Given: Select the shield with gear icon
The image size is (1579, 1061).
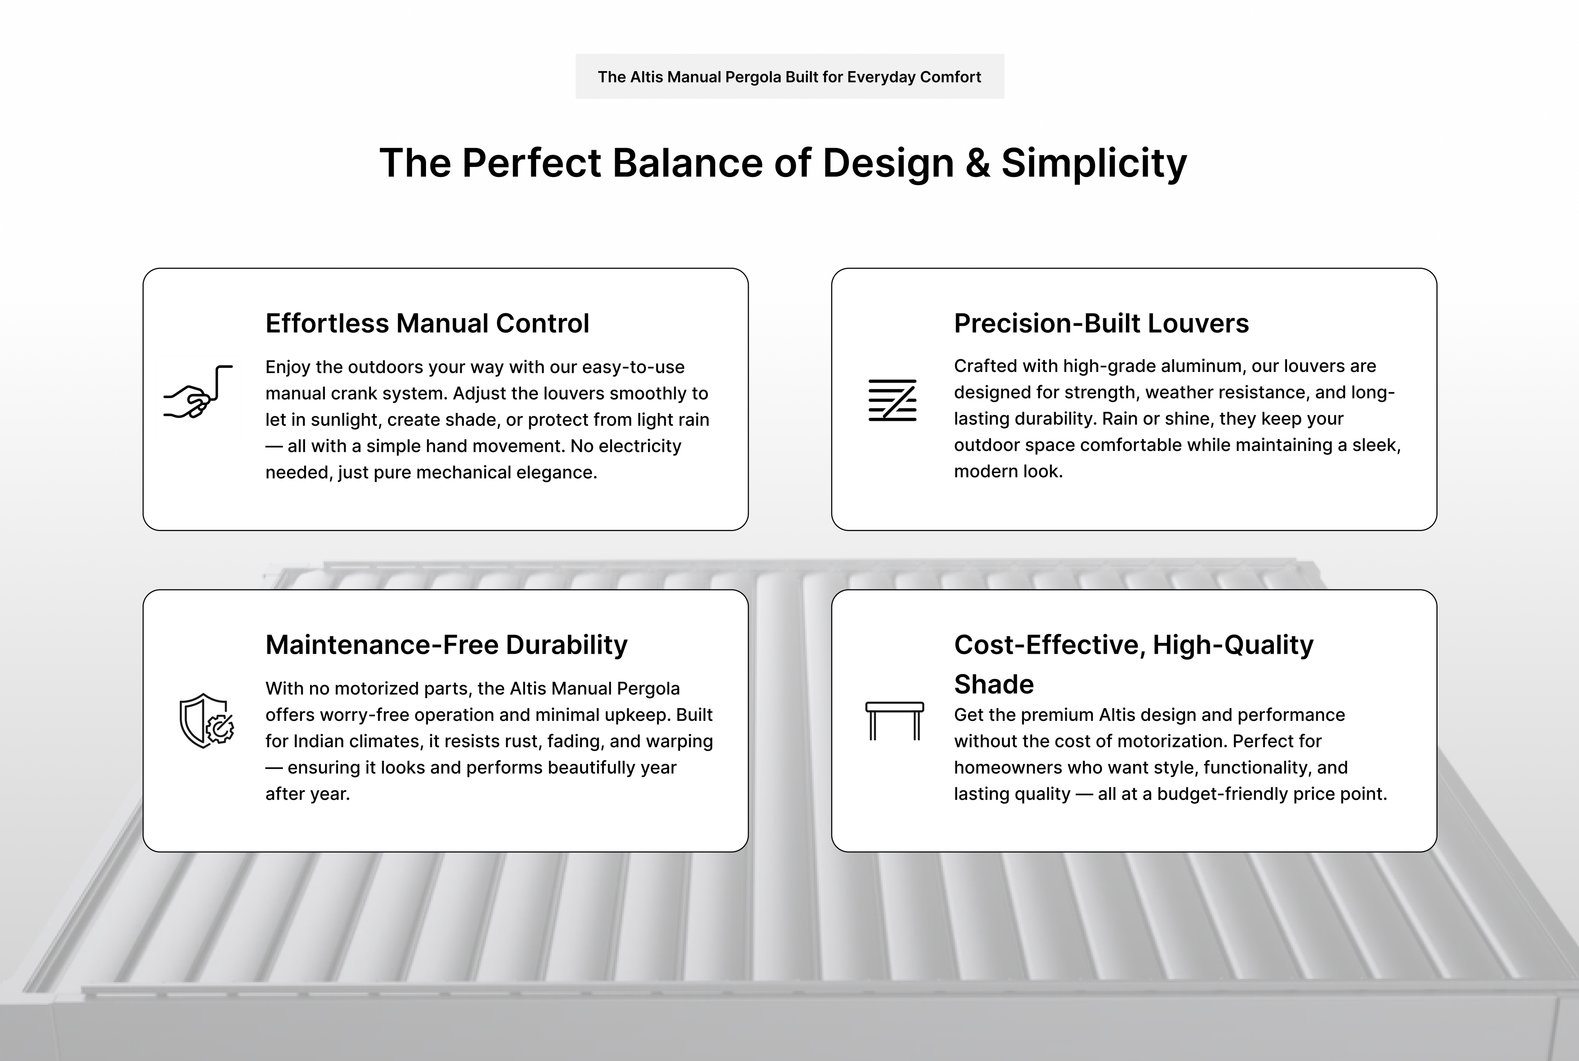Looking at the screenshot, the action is (x=206, y=721).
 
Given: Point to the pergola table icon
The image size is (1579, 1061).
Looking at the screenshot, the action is (x=894, y=721).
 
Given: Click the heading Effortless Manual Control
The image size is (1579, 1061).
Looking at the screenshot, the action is (x=427, y=323).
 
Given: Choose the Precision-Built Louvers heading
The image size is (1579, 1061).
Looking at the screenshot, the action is (x=1101, y=323).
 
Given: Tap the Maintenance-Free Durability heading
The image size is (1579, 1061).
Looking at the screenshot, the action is (x=446, y=645).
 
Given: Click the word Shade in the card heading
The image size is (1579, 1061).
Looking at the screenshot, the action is (x=993, y=684).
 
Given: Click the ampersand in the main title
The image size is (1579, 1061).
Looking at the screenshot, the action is (x=977, y=163).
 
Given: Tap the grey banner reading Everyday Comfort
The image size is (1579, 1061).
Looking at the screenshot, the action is (x=789, y=77).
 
